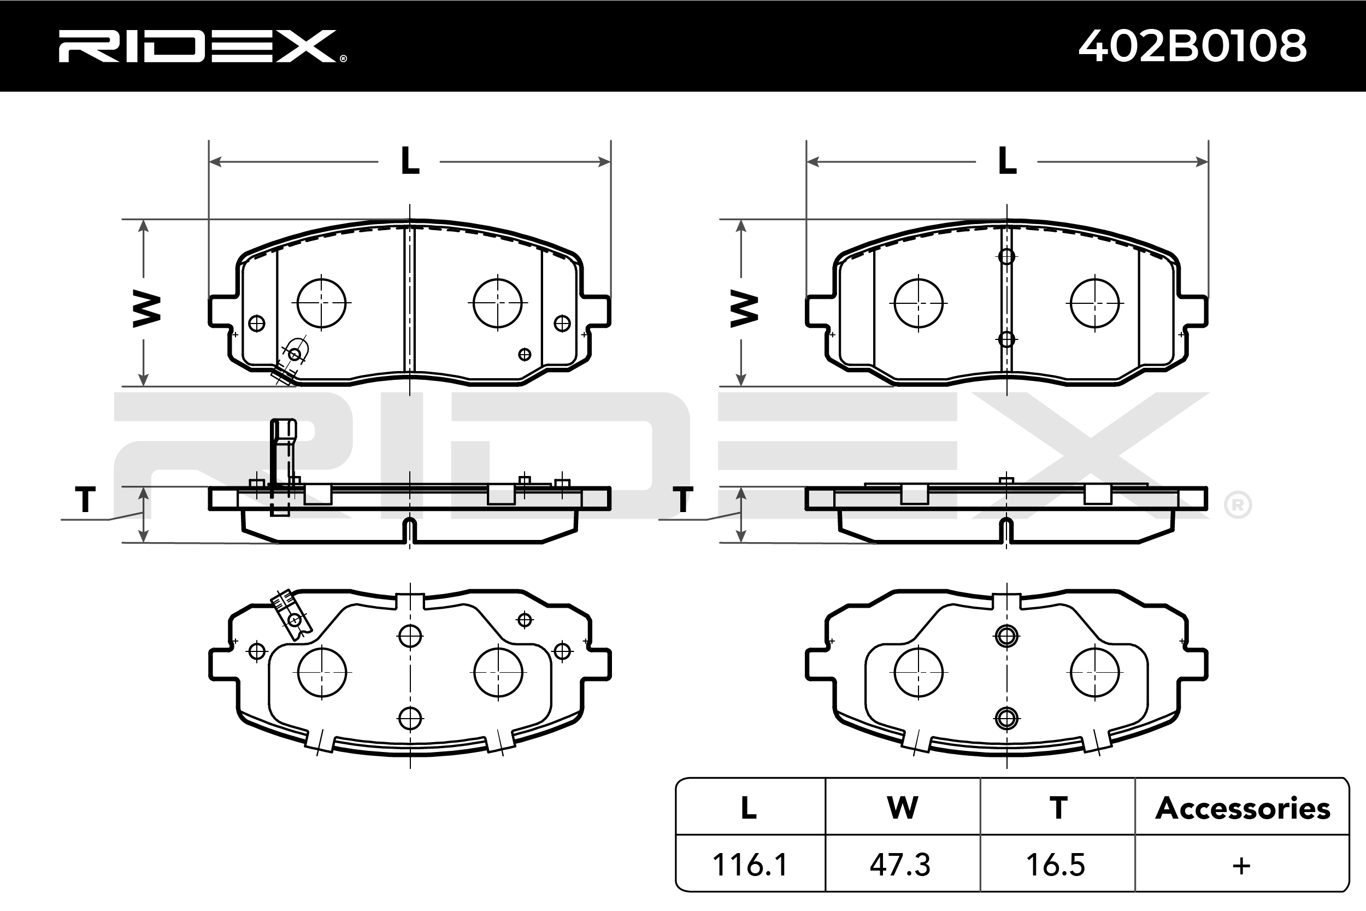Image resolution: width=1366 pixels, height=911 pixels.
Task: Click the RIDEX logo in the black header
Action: tap(202, 46)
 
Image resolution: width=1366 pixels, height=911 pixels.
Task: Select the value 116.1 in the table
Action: tap(750, 865)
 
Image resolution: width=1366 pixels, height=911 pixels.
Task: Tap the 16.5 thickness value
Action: tap(1055, 865)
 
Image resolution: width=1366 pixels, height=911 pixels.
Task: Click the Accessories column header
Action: tap(1243, 808)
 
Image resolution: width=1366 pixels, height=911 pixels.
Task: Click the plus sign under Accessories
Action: tap(1241, 866)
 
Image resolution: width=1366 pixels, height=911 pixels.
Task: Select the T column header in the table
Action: tap(1058, 808)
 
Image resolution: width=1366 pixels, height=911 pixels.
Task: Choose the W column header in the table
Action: tap(903, 808)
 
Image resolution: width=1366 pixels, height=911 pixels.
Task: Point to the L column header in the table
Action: tap(749, 808)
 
